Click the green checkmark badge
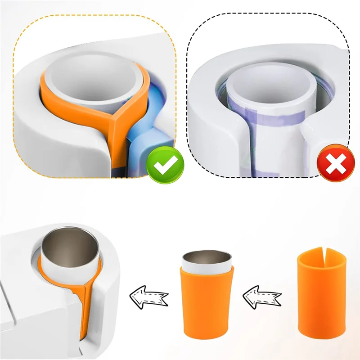point(166,165)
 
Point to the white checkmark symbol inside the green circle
point(166,165)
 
